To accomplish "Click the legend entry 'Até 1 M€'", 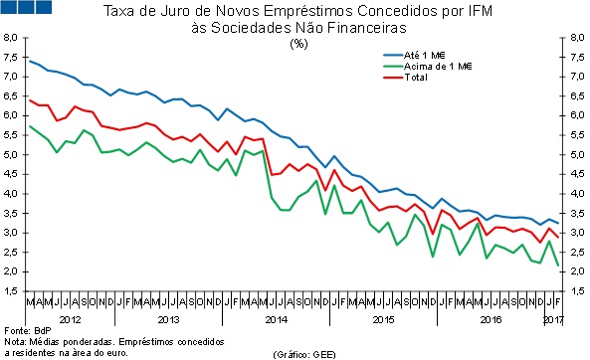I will coord(436,54).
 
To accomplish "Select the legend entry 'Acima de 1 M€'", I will coord(446,65).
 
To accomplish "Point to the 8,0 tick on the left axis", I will coord(11,37).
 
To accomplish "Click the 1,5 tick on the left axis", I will coord(11,291).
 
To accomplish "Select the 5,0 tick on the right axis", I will coord(576,154).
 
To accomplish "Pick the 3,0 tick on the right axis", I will coord(576,233).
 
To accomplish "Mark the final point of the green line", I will coord(556,265).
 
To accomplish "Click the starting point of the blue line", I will coord(31,62).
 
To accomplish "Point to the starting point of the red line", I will coord(31,100).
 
